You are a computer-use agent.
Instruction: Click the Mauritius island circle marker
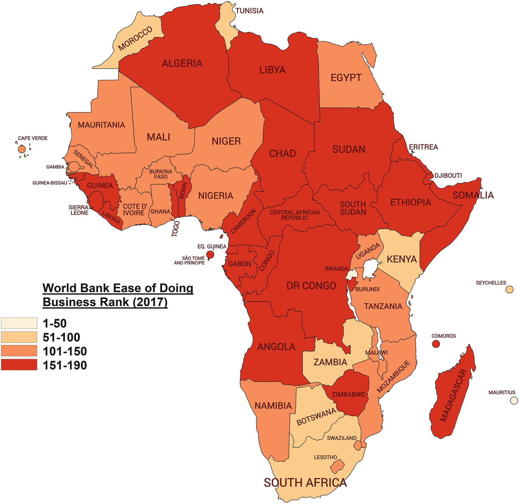pos(514,401)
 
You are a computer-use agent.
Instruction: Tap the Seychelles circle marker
pos(509,290)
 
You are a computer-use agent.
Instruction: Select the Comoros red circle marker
pos(436,344)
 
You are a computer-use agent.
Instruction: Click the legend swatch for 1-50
pos(19,323)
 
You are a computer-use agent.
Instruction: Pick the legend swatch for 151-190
pos(19,365)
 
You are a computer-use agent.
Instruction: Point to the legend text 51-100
pos(62,337)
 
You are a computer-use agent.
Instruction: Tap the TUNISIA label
pos(249,11)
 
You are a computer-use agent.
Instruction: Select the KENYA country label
pos(402,259)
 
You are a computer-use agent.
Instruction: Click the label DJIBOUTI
pos(448,176)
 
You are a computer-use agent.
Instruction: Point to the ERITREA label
pos(424,147)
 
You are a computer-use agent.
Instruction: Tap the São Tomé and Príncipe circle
pos(210,255)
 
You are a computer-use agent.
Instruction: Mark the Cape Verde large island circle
pos(22,149)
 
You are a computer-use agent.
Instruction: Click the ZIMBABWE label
pos(348,395)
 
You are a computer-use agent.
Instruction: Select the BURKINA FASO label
pos(161,174)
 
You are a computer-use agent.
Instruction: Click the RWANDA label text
pos(336,269)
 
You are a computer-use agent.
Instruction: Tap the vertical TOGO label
pos(176,229)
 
